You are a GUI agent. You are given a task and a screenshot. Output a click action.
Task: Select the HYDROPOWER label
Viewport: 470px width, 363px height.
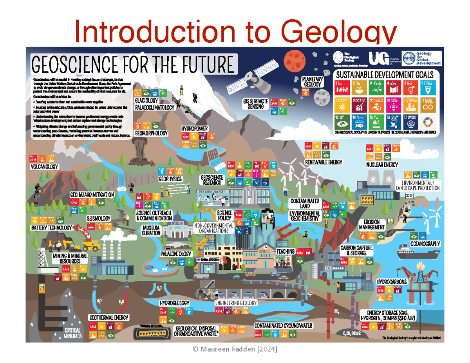tap(194, 128)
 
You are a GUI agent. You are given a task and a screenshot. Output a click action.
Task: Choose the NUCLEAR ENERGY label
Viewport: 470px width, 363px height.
tap(382, 165)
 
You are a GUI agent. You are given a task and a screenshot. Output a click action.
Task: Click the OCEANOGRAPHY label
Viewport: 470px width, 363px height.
tap(425, 244)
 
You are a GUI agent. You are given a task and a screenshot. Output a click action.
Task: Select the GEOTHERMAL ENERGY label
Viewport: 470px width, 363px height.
tap(108, 317)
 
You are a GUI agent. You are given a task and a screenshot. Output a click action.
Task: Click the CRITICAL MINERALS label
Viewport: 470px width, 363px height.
tap(73, 333)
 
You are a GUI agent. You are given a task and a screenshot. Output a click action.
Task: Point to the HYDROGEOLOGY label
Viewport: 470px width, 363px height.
tap(174, 303)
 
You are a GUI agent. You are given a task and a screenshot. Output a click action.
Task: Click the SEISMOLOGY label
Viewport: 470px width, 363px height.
tap(98, 218)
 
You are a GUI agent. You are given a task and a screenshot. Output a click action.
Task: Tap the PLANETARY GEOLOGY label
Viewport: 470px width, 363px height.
tap(312, 81)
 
